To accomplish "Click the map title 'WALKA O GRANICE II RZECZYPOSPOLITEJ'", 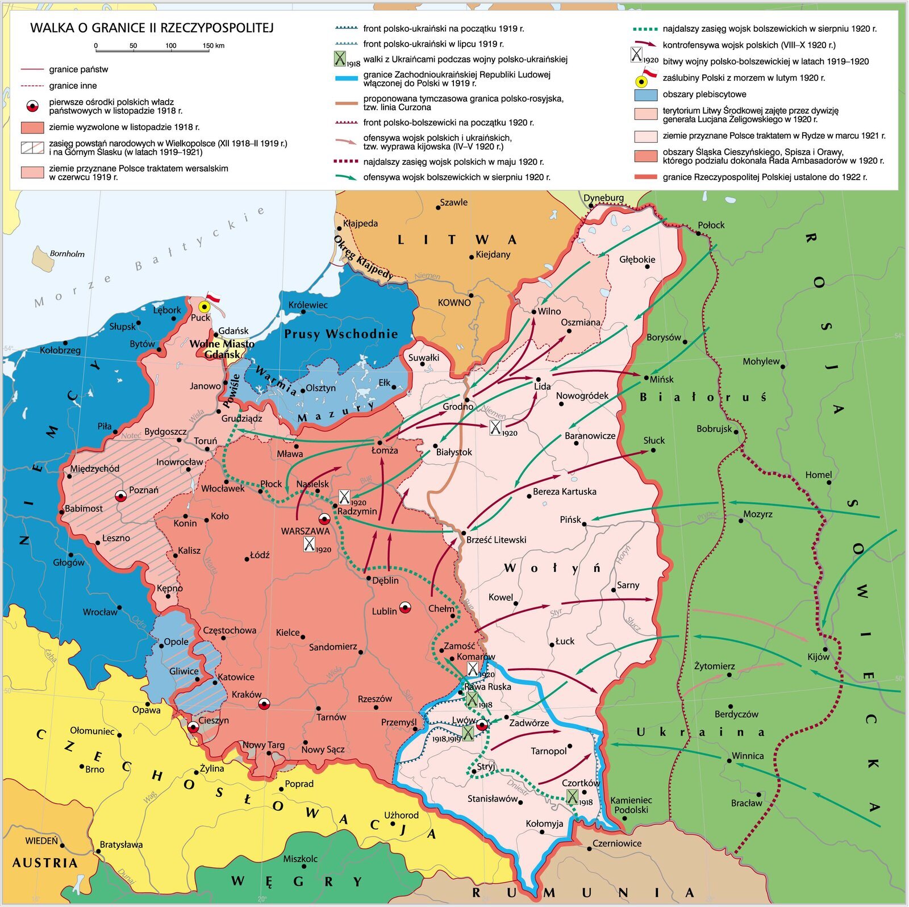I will click(152, 28).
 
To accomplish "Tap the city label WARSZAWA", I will click(305, 531).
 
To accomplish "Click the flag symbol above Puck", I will click(212, 297).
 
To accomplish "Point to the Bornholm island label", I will click(67, 254).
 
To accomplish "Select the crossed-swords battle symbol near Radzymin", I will click(344, 497).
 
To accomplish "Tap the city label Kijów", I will click(818, 657).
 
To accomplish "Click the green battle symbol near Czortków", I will click(572, 797).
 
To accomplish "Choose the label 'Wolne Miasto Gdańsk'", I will click(222, 349).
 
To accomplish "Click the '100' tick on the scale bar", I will click(170, 46).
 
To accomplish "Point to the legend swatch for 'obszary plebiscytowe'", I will click(645, 94).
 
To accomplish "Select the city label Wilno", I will click(549, 311).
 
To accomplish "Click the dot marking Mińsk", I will click(646, 378).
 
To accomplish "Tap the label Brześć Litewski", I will click(496, 540).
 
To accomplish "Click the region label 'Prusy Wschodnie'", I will click(341, 334).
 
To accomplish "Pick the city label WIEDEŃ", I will click(41, 841).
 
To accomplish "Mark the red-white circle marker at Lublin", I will click(405, 608).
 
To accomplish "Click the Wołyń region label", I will click(552, 568).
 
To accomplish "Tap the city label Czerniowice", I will click(617, 843).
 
